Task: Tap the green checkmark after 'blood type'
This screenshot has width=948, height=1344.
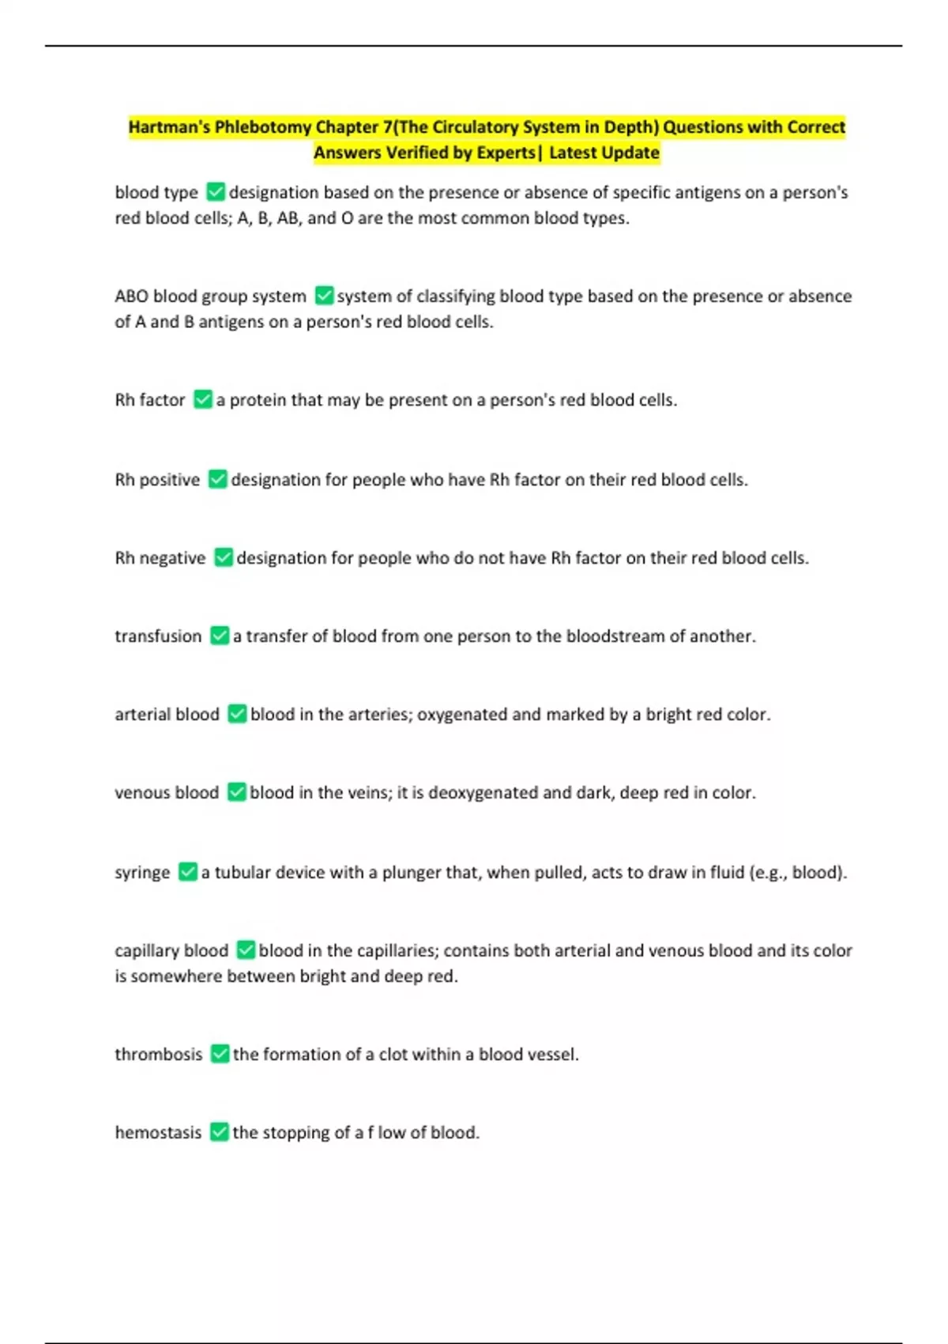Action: pos(215,192)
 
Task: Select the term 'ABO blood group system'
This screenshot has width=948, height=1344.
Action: pos(210,296)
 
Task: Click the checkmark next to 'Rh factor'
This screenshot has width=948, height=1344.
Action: pos(203,400)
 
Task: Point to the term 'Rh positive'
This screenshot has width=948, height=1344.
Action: pos(157,480)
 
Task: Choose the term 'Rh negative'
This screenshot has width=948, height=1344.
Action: pos(160,558)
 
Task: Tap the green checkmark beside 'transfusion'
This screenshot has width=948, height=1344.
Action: pos(220,636)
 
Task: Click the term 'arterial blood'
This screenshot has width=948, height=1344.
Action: pos(167,715)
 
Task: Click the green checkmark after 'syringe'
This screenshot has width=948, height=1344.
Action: pos(187,872)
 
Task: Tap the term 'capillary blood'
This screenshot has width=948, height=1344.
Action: pos(171,950)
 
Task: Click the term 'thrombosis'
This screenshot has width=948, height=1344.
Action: pos(158,1055)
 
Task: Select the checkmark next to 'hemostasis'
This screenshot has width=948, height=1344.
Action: pos(220,1133)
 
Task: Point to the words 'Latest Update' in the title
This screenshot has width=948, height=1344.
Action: pos(604,153)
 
